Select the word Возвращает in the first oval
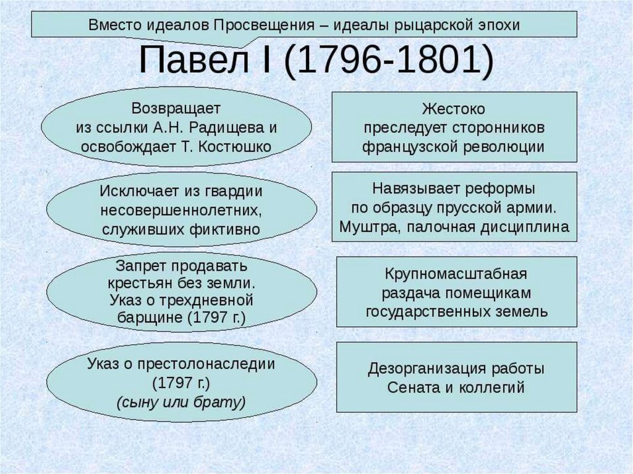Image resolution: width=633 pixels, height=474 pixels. click(x=176, y=109)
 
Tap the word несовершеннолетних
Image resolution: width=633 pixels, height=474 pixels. click(x=181, y=209)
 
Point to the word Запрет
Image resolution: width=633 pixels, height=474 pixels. click(x=138, y=267)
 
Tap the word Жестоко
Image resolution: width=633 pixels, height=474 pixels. click(x=454, y=109)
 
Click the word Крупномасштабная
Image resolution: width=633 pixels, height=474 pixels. click(x=456, y=273)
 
